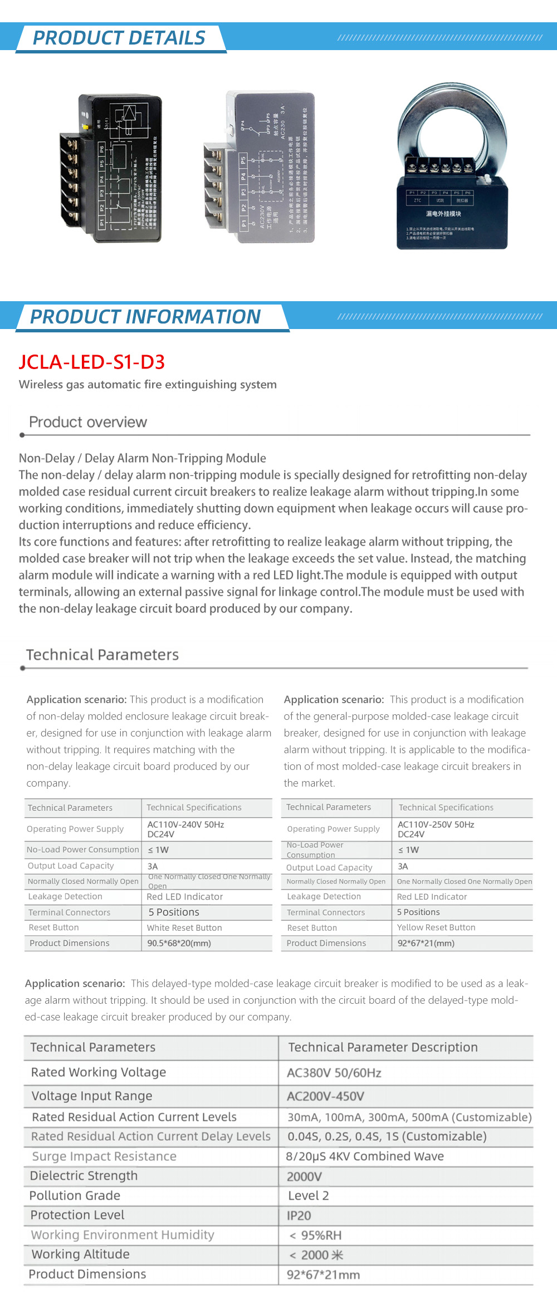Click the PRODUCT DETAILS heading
point(119,38)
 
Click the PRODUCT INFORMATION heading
point(145,317)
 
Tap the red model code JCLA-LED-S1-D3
point(92,362)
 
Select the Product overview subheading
point(88,422)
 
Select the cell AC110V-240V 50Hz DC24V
point(185,829)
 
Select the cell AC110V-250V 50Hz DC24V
point(436,829)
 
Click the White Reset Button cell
point(184,928)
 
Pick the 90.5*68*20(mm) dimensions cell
point(179,943)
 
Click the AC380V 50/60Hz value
point(334,1073)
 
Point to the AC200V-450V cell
point(325,1096)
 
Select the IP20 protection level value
point(299,1215)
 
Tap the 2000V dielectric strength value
point(304,1176)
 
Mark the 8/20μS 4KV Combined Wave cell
point(365,1156)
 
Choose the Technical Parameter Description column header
point(383,1047)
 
